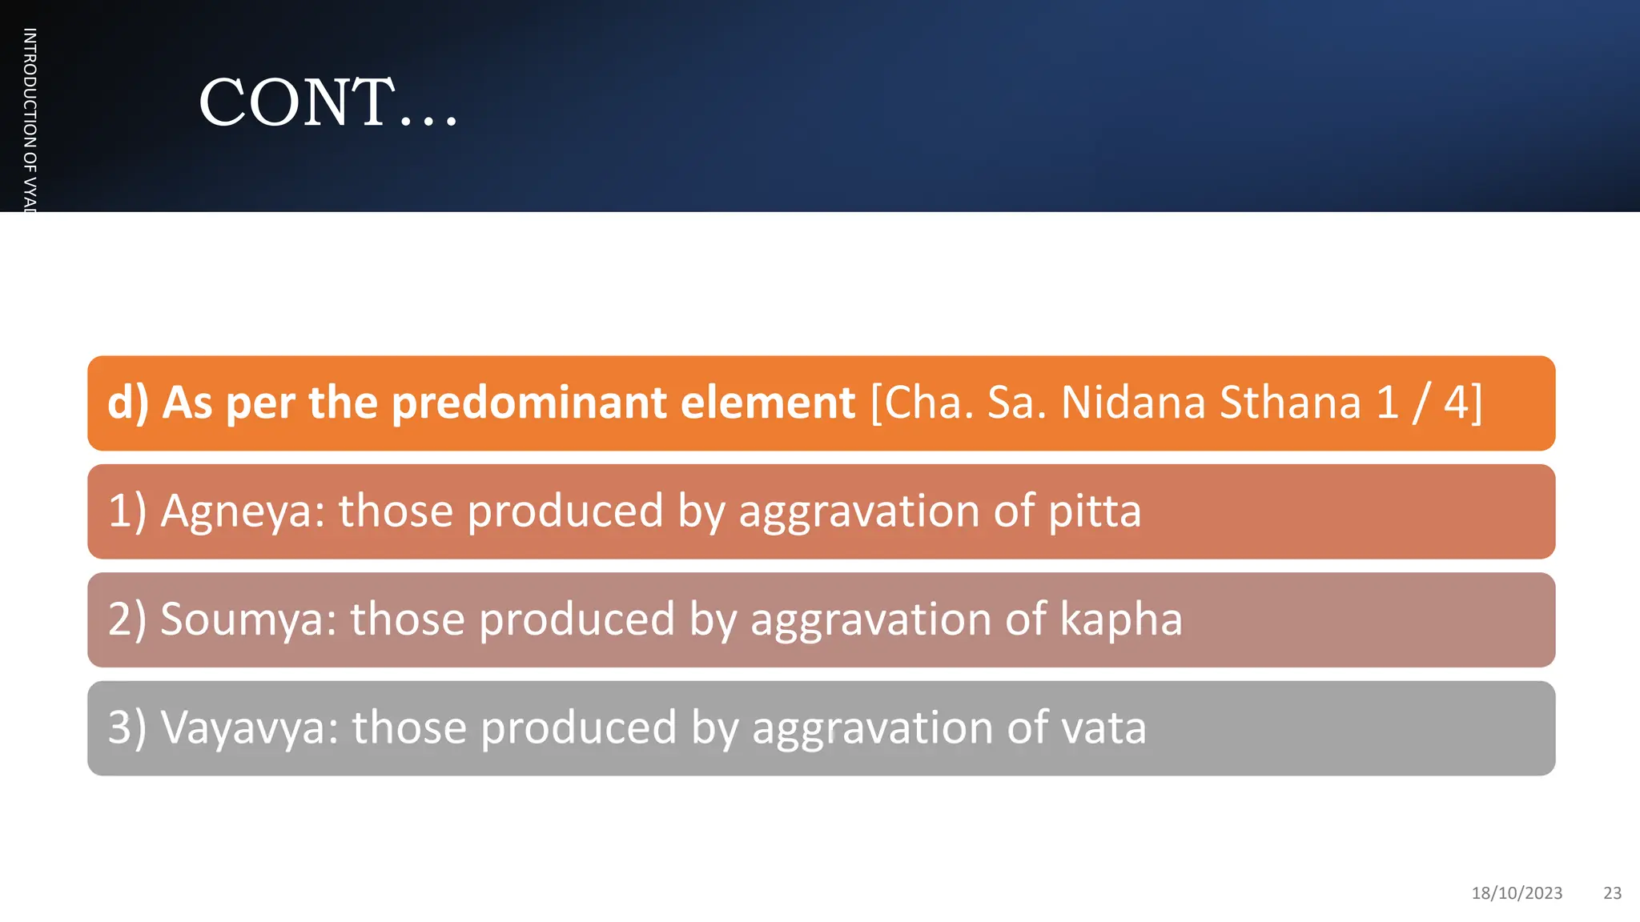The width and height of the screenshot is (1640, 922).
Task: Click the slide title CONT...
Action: click(328, 102)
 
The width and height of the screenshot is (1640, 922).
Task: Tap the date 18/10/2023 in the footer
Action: click(1517, 893)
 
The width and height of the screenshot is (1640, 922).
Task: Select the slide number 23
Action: click(1612, 893)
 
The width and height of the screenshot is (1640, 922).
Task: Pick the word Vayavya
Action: click(249, 728)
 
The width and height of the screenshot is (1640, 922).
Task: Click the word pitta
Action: click(1095, 511)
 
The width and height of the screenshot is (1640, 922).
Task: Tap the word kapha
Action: click(1121, 619)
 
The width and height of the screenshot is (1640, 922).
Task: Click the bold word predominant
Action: click(529, 403)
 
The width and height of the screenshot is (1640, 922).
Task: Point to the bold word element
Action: click(768, 403)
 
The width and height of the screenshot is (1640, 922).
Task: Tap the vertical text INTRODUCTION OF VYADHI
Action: click(30, 120)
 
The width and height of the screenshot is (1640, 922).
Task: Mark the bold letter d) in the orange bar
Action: click(128, 403)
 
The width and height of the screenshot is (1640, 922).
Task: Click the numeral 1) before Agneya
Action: click(127, 511)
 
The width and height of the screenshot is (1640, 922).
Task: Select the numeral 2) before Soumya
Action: click(127, 619)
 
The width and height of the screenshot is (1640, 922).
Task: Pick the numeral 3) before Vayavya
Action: click(127, 728)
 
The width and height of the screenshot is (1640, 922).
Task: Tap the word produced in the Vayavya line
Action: click(578, 728)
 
